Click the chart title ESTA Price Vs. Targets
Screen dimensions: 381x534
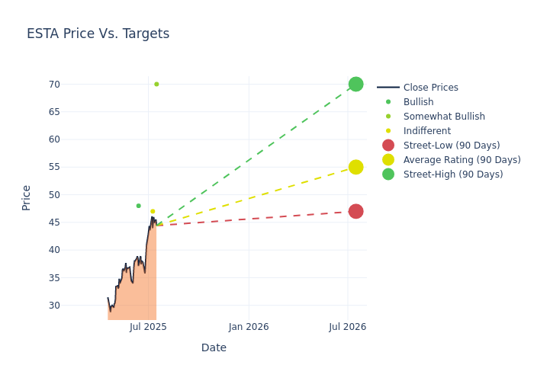(x=98, y=34)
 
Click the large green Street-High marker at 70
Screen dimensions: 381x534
(x=355, y=84)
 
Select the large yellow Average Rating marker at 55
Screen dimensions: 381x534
(x=355, y=167)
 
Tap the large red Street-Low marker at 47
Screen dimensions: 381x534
(x=355, y=211)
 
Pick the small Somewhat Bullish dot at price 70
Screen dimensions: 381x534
(x=156, y=84)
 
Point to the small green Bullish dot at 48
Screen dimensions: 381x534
(x=138, y=206)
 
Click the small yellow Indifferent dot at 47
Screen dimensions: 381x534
(x=153, y=211)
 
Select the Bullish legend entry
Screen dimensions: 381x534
(x=418, y=102)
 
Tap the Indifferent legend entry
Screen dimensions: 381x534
(x=426, y=131)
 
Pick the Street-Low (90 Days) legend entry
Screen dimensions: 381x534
(x=451, y=146)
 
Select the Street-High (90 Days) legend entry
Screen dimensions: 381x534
(x=452, y=174)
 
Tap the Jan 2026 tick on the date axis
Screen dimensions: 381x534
(x=249, y=327)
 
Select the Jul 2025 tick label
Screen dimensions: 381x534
(x=149, y=327)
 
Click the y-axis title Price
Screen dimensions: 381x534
(x=27, y=197)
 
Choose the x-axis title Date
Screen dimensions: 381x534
(x=214, y=348)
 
